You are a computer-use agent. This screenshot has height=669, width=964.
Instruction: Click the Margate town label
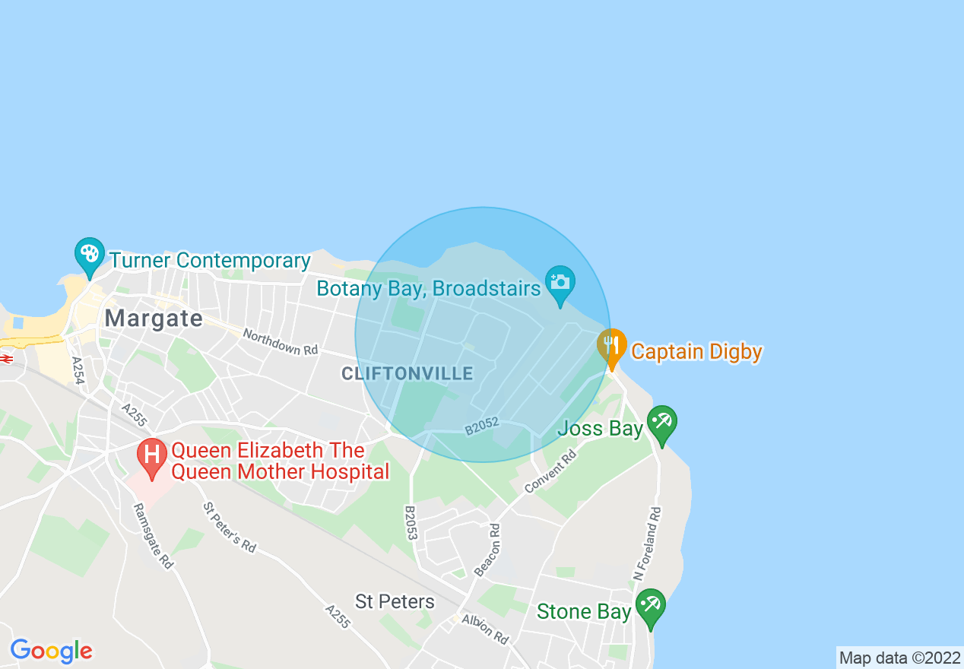tap(154, 318)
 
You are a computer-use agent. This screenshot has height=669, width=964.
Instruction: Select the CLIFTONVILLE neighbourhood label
tap(407, 373)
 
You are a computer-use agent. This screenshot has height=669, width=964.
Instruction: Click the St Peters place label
tap(395, 602)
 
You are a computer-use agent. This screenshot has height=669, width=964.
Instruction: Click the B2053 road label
tap(411, 523)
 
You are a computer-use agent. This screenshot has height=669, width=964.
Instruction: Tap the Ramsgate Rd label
tap(152, 537)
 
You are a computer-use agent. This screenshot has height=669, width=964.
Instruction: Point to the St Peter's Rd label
tap(229, 527)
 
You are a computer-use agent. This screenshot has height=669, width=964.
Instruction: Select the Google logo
tap(52, 651)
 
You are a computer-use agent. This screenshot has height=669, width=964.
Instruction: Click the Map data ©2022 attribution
tap(899, 658)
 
